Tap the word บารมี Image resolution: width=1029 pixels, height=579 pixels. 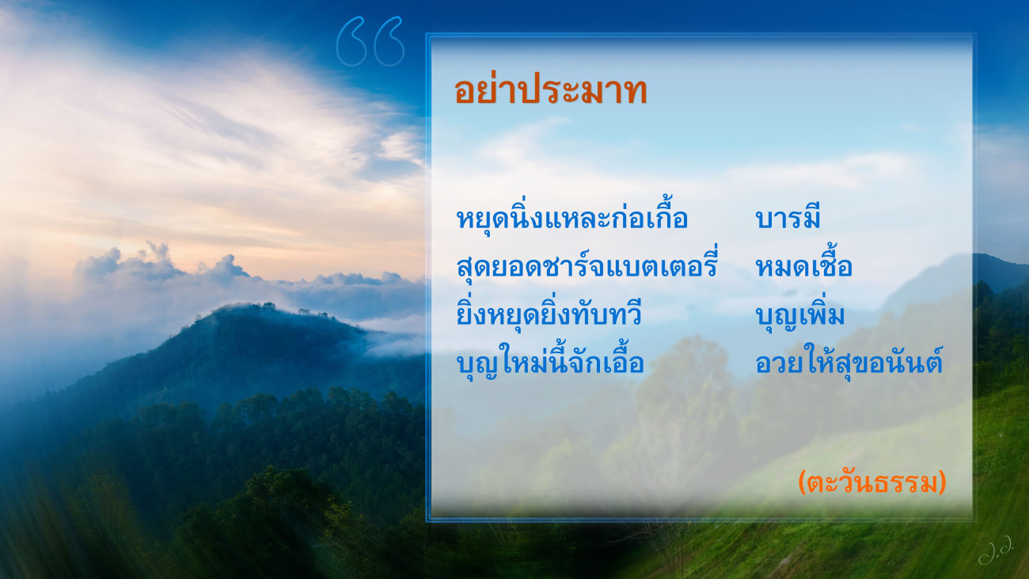(x=788, y=216)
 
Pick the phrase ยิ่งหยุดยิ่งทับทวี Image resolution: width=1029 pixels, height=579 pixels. (x=549, y=313)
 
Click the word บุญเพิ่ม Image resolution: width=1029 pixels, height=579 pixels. (x=799, y=314)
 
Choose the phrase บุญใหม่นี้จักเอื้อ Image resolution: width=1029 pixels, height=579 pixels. (x=550, y=360)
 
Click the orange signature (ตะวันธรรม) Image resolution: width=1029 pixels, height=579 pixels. (x=872, y=482)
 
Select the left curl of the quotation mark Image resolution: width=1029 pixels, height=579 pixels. (x=351, y=41)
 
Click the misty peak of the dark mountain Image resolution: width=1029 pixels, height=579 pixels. (x=257, y=311)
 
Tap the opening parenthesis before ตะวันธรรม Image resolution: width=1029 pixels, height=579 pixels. (x=802, y=482)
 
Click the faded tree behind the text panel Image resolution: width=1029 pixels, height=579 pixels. (x=685, y=405)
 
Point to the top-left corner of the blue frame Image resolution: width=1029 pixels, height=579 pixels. (x=427, y=33)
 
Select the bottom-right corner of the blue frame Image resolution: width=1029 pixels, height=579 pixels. (x=974, y=521)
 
